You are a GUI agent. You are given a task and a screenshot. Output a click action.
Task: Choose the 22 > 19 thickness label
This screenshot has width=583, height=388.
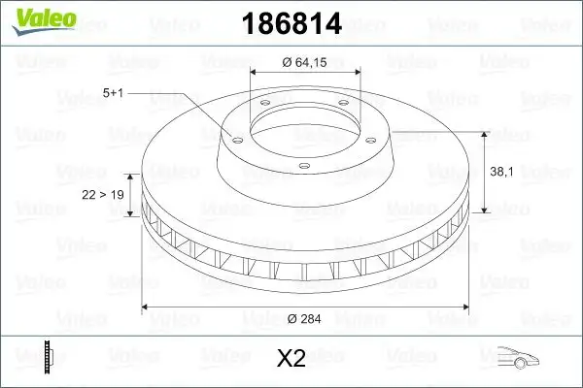point(102,195)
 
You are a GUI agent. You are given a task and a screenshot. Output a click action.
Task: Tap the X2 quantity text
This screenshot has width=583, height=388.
point(291,359)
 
